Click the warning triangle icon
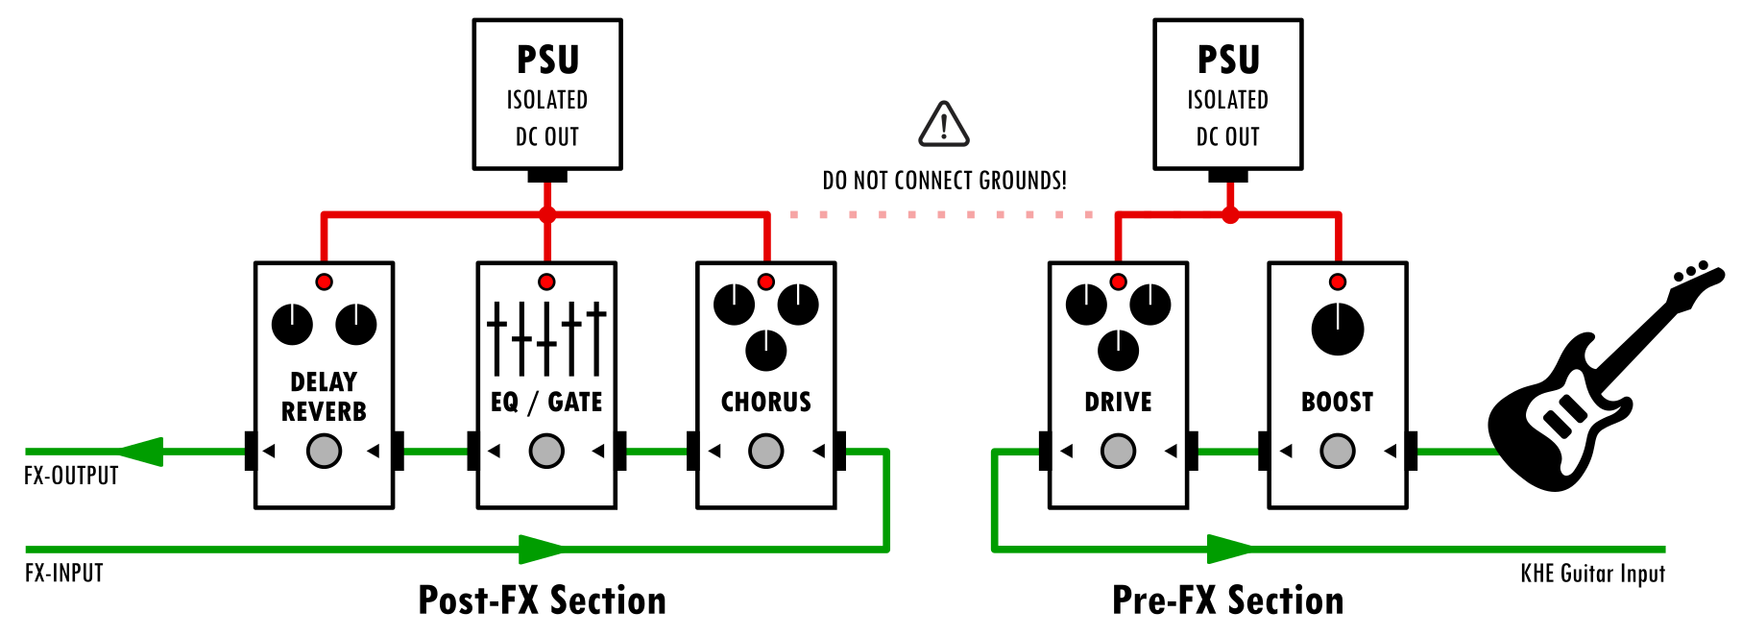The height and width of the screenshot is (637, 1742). tap(944, 126)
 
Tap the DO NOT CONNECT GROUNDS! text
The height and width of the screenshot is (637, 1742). tap(944, 181)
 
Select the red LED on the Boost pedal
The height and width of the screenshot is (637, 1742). tap(1338, 282)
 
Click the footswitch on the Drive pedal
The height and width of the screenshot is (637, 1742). tap(1118, 451)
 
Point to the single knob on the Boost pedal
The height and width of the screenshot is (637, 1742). tap(1338, 329)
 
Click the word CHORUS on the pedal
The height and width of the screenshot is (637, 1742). tap(765, 402)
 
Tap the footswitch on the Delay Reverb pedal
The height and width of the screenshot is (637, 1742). tap(324, 451)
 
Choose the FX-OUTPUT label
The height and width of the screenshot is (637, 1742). tap(71, 476)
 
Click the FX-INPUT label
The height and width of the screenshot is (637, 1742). tap(63, 574)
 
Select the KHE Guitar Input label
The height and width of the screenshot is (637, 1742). tap(1592, 574)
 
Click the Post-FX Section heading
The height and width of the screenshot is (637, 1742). tap(542, 600)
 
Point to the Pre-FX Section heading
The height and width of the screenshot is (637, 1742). tap(1227, 600)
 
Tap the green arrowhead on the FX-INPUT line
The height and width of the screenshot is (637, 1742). tap(541, 549)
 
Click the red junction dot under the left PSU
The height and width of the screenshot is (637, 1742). tap(547, 214)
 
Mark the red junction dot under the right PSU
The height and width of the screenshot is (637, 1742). tap(1230, 215)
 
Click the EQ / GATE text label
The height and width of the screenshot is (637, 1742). tap(546, 402)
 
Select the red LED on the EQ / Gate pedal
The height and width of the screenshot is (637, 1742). tap(546, 282)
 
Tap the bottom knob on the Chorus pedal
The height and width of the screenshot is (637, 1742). tap(765, 350)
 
